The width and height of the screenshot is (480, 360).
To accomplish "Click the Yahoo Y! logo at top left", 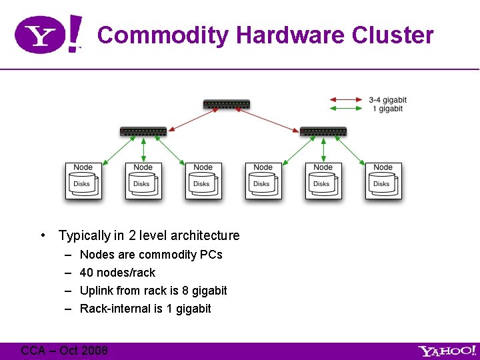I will click(48, 35).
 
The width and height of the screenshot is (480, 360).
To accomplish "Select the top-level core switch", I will click(227, 104).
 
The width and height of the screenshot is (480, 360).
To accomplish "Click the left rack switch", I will click(143, 131).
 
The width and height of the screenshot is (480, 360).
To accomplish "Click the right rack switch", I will click(323, 131).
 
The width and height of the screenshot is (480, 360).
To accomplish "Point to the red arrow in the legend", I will click(345, 100).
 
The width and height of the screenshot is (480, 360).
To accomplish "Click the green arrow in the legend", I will click(345, 108).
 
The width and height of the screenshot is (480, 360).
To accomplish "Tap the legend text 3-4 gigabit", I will click(387, 100).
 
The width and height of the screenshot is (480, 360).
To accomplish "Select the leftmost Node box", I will click(83, 180).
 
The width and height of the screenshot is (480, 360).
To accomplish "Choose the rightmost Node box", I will click(383, 180).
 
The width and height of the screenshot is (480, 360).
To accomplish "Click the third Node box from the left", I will click(203, 180).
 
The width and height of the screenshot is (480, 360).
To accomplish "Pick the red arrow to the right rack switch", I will click(274, 118).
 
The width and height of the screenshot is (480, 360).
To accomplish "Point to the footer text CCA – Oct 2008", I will click(64, 351).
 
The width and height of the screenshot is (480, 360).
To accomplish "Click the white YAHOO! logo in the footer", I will click(447, 351).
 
